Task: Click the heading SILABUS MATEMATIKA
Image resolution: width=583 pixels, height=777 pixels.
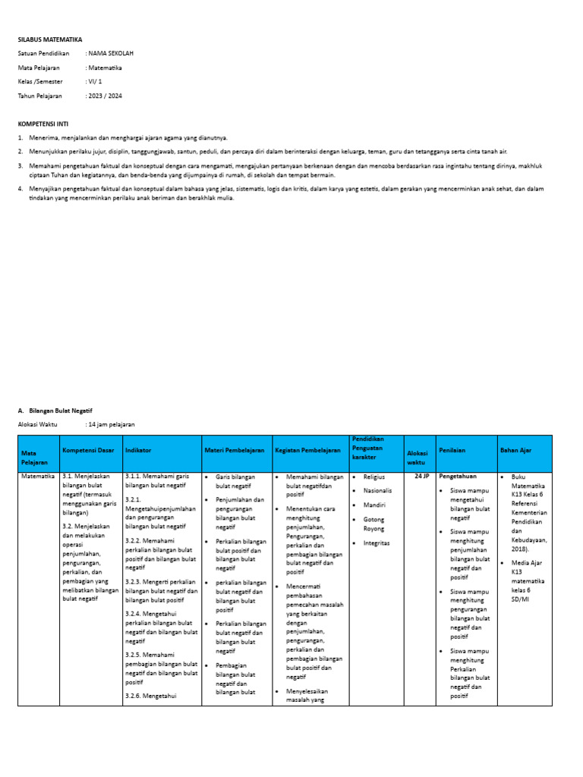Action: coord(50,39)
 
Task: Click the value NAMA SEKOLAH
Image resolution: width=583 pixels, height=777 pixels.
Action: coord(111,54)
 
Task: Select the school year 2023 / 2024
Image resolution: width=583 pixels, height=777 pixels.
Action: coord(105,96)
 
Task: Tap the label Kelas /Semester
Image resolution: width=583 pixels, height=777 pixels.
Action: coord(41,82)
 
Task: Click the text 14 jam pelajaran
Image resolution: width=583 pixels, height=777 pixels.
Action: coord(112,424)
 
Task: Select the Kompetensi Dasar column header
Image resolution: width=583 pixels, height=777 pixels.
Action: coord(88,450)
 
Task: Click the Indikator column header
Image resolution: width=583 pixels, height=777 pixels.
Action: coord(138,450)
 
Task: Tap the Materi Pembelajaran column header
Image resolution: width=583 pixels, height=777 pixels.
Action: coord(235,450)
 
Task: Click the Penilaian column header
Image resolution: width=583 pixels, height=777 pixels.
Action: coord(451,450)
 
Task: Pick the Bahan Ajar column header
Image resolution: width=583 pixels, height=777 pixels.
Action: coord(515,450)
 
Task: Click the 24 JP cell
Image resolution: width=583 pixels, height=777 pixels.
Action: coord(421,477)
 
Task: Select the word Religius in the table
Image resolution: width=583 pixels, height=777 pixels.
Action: coord(374,477)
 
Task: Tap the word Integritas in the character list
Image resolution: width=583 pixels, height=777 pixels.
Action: coord(377,543)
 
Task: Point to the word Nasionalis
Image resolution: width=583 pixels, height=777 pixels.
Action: coord(378,490)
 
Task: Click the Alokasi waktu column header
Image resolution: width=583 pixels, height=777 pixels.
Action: coord(418,457)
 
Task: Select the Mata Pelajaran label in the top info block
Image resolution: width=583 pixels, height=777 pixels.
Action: coord(39,68)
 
